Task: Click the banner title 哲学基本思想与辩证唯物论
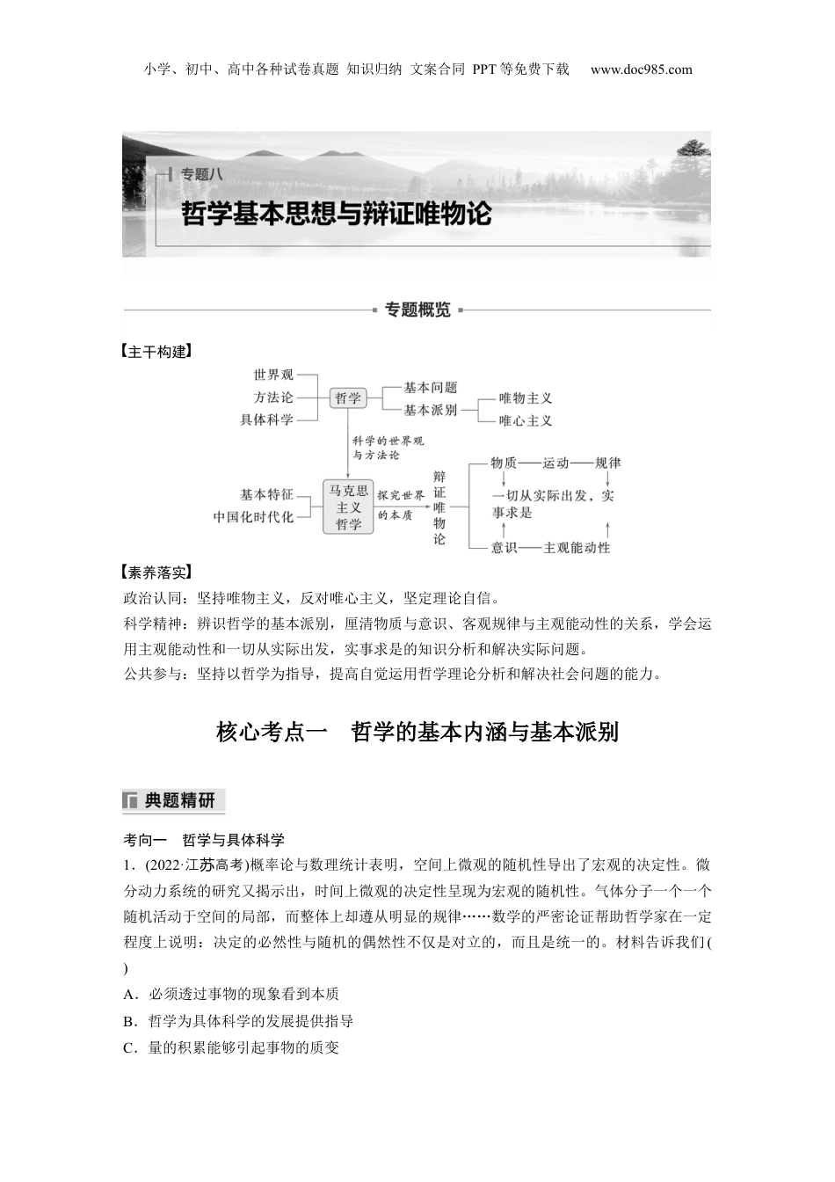(x=337, y=214)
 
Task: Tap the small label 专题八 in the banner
(x=202, y=174)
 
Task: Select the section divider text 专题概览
(x=417, y=310)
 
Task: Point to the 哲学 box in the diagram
(x=348, y=398)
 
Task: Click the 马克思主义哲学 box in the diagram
(x=348, y=507)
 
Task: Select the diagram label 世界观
(x=273, y=376)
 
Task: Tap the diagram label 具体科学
(x=266, y=420)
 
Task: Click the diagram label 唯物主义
(x=526, y=398)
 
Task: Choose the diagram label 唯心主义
(x=526, y=420)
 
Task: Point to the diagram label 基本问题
(x=430, y=387)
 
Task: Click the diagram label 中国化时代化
(x=253, y=517)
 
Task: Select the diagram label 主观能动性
(x=577, y=547)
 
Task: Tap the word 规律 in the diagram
(x=607, y=463)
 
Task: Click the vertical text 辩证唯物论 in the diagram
(x=439, y=507)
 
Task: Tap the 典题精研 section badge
(x=174, y=800)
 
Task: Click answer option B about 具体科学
(x=239, y=1021)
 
